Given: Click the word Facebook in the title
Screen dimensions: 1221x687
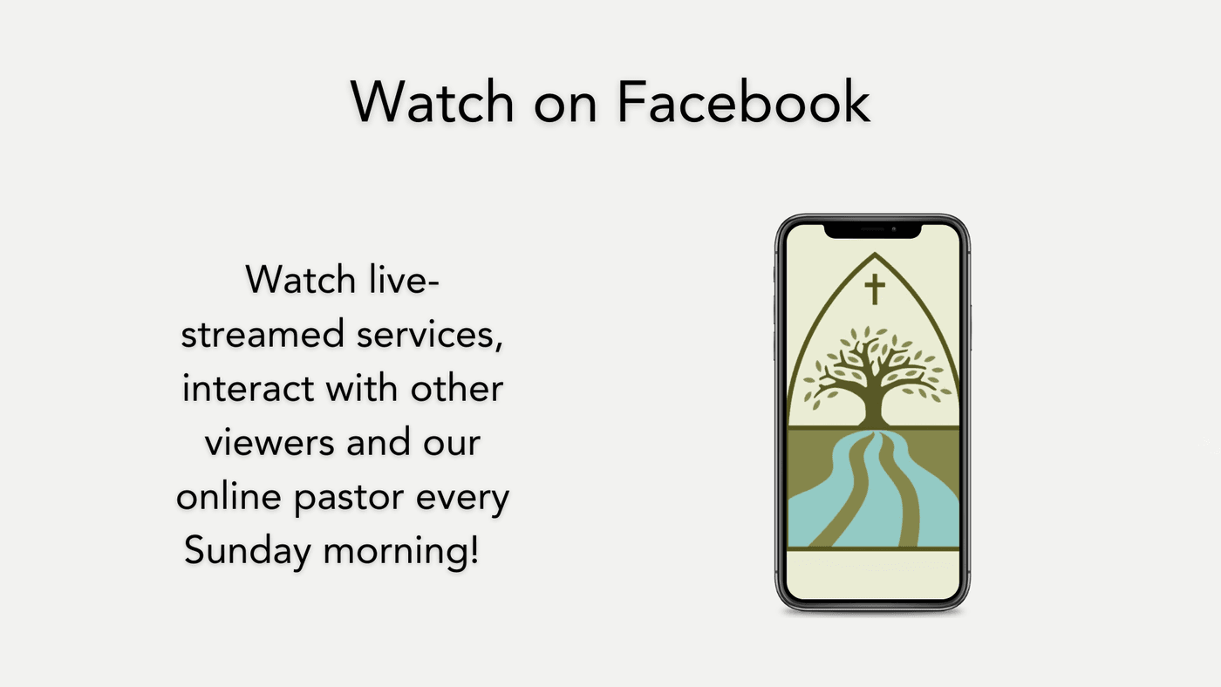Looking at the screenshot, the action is (x=743, y=101).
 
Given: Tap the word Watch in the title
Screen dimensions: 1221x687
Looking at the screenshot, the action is (x=432, y=101).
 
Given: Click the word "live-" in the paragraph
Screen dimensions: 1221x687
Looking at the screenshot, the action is (x=404, y=280).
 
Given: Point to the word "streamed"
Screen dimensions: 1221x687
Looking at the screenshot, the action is (x=263, y=334).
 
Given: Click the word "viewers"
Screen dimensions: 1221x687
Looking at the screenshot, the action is (x=269, y=443).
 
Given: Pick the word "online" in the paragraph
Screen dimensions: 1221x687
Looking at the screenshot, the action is (x=229, y=496).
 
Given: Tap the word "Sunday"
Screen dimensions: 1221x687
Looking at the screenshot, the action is (x=248, y=551).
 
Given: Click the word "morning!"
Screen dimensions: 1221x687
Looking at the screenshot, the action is (x=401, y=551).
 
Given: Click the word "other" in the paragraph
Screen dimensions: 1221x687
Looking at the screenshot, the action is (x=457, y=388).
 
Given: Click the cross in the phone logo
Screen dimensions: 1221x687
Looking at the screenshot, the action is (x=875, y=289).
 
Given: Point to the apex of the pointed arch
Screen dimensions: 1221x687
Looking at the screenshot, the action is (x=875, y=254).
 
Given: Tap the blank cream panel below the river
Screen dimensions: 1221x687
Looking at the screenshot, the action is (x=873, y=575).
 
